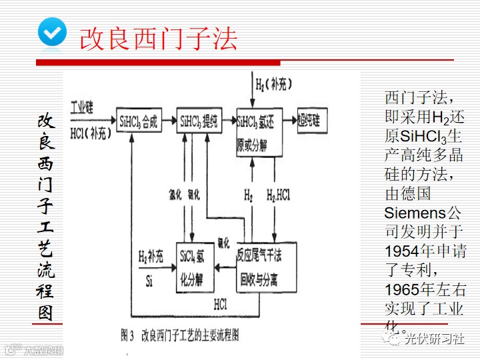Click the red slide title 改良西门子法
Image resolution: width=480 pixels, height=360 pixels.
click(158, 38)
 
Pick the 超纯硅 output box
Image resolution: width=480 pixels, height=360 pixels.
click(309, 121)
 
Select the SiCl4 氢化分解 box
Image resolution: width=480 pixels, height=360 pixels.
click(194, 265)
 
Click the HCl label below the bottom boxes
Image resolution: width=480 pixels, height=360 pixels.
click(222, 304)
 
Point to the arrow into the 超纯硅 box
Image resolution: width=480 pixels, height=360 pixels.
click(289, 121)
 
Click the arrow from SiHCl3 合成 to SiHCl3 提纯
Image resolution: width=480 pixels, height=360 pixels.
click(169, 121)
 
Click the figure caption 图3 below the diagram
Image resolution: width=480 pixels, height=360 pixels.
click(180, 335)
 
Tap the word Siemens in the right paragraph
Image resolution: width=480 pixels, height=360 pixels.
click(414, 213)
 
